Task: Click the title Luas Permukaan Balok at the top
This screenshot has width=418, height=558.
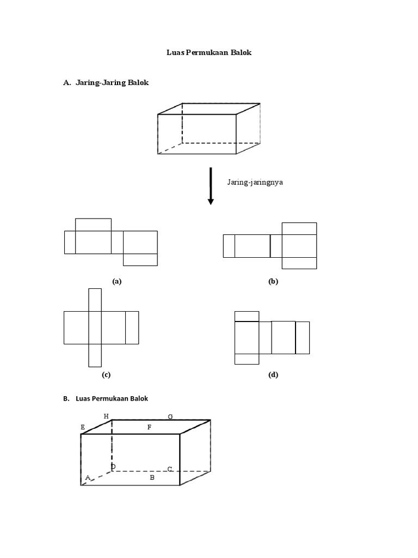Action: tap(209, 53)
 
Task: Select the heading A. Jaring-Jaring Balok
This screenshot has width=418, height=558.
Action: tap(106, 83)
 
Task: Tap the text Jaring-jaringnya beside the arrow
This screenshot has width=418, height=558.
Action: tap(255, 183)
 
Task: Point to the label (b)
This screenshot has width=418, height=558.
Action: tap(273, 281)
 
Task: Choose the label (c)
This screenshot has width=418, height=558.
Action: tap(106, 375)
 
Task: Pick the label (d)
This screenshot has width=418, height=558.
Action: tap(273, 375)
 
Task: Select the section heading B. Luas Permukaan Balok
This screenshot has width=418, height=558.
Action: tap(106, 398)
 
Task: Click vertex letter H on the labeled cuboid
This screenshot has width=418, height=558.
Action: tap(106, 416)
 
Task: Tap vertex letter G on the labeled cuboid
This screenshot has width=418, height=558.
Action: tap(170, 417)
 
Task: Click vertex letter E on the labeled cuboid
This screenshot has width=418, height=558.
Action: tap(83, 428)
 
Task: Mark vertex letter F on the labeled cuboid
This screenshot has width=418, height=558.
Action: tap(149, 428)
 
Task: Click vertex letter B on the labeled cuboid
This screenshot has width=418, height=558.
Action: tap(152, 477)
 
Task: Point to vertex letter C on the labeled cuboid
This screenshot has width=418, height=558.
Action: tap(170, 469)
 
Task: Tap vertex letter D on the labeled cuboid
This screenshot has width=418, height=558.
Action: tap(113, 467)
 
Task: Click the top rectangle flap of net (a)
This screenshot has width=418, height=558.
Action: tap(93, 225)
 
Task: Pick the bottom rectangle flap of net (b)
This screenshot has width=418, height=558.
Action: tap(299, 263)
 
